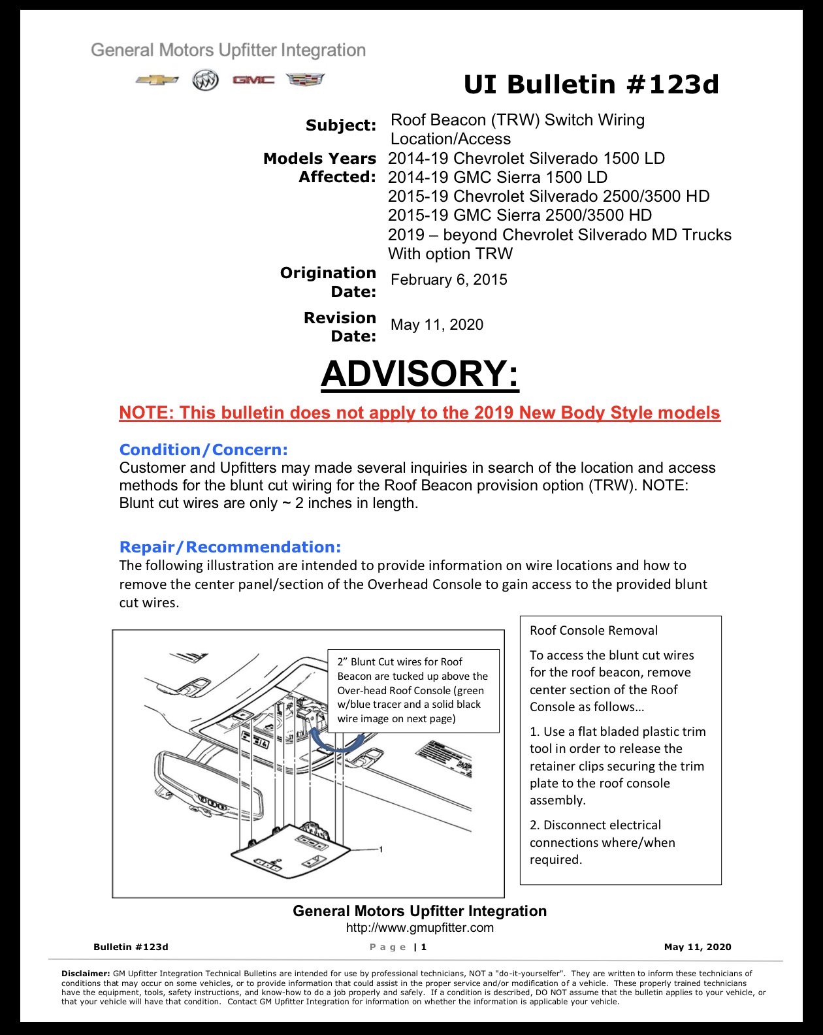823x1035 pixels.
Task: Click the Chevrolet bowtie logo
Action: [x=157, y=80]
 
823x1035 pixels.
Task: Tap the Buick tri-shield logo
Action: [x=205, y=80]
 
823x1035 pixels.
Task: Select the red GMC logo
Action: [x=253, y=80]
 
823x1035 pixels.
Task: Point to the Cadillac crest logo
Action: [x=306, y=80]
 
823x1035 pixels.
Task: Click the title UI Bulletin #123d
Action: [x=591, y=85]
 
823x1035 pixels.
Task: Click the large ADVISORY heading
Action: [x=420, y=374]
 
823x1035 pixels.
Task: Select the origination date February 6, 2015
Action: [x=449, y=279]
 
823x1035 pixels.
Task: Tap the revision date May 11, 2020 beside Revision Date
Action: [x=437, y=325]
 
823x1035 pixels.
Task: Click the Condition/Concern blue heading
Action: [x=204, y=450]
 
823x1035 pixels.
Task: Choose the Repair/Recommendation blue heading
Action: [x=230, y=547]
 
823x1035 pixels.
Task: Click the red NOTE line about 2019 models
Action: [x=420, y=413]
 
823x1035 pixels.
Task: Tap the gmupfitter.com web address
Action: [x=420, y=928]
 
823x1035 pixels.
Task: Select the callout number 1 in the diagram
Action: [x=381, y=850]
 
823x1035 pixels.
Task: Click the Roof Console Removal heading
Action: [x=594, y=631]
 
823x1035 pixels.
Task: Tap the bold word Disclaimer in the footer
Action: [x=86, y=974]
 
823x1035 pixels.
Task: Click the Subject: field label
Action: [x=341, y=125]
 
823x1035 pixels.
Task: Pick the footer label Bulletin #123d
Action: [x=131, y=947]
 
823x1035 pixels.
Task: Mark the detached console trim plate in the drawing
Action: [x=291, y=852]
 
